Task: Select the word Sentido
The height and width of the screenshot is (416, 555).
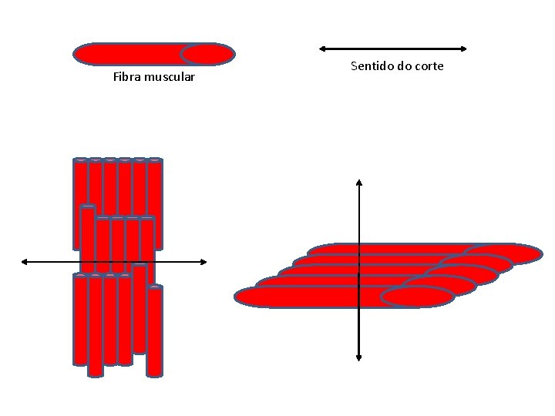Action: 372,66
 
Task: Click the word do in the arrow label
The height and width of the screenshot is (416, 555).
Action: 404,66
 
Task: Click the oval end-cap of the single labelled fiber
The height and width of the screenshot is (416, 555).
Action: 207,54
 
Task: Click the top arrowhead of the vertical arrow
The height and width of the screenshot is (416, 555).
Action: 359,183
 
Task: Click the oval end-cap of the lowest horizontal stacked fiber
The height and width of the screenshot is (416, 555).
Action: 417,297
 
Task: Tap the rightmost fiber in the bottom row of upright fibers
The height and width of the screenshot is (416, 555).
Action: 154,331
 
